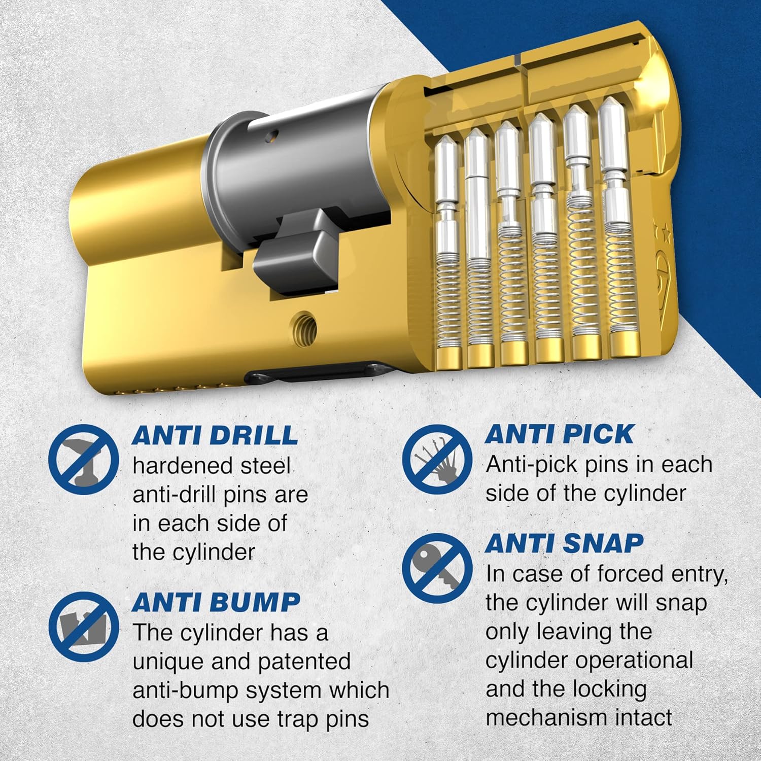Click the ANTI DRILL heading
[x=215, y=435]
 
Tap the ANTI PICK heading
[x=559, y=434]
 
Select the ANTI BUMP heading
[x=216, y=602]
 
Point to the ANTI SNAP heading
[x=564, y=543]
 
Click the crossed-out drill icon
[x=84, y=460]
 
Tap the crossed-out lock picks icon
[x=437, y=460]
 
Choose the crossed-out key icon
[x=437, y=568]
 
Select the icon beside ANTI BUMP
[x=84, y=627]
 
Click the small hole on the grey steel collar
[x=273, y=135]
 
